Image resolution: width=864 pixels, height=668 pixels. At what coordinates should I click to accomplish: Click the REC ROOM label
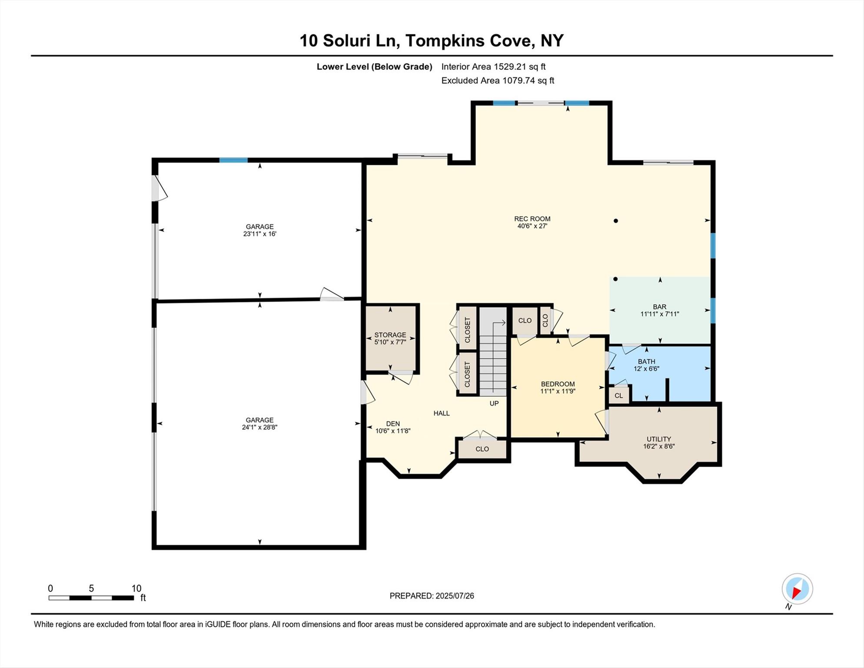pyautogui.click(x=532, y=219)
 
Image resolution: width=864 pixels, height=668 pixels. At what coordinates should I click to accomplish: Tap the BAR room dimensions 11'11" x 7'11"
pyautogui.click(x=659, y=314)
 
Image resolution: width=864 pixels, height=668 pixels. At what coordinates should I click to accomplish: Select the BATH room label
pyautogui.click(x=646, y=361)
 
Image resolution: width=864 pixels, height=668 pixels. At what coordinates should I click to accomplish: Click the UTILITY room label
pyautogui.click(x=658, y=439)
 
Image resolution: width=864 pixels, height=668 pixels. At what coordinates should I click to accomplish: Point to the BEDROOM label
pyautogui.click(x=558, y=384)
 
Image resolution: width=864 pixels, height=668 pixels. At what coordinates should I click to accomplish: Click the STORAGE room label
pyautogui.click(x=390, y=335)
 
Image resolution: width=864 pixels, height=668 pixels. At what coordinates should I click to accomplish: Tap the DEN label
pyautogui.click(x=392, y=424)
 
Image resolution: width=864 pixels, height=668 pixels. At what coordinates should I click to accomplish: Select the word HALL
pyautogui.click(x=441, y=413)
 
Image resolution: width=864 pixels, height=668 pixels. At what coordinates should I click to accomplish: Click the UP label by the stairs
pyautogui.click(x=494, y=404)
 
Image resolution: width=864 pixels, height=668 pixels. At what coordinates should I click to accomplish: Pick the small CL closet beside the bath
pyautogui.click(x=618, y=396)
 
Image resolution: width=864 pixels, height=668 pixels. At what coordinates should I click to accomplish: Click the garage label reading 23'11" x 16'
pyautogui.click(x=259, y=234)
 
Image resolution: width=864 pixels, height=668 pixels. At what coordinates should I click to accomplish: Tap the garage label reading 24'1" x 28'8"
pyautogui.click(x=259, y=427)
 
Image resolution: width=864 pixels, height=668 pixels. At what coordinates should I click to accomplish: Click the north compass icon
pyautogui.click(x=797, y=589)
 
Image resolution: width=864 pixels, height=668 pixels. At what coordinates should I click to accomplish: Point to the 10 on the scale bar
pyautogui.click(x=136, y=588)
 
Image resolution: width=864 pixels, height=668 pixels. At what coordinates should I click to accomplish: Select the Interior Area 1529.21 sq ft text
pyautogui.click(x=493, y=67)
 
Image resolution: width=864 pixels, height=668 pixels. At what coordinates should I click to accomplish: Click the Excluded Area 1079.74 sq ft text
pyautogui.click(x=497, y=80)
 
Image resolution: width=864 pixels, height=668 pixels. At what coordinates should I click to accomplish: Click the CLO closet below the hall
pyautogui.click(x=482, y=449)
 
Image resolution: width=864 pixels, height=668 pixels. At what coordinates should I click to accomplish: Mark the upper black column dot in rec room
pyautogui.click(x=615, y=221)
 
